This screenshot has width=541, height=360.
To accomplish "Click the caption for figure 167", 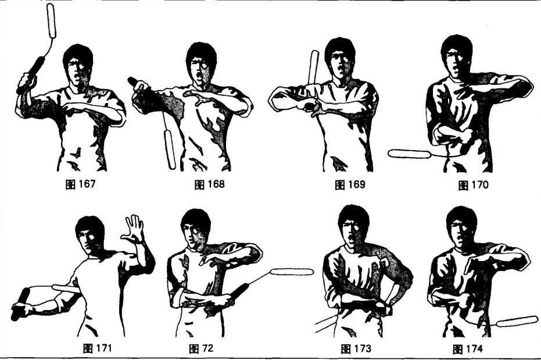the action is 80,184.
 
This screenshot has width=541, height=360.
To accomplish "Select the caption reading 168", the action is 209,184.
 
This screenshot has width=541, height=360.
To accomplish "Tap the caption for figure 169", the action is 350,185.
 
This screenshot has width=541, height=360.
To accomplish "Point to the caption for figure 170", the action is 473,185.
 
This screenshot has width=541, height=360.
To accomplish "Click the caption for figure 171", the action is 98,348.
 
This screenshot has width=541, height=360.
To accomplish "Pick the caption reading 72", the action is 201,348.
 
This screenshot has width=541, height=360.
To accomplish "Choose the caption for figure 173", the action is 356,348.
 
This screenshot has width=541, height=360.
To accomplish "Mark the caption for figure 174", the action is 468,349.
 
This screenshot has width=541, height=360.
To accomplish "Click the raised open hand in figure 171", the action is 133,229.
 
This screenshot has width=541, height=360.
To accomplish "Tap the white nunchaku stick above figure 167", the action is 51,20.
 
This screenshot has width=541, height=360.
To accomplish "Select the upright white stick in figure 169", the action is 314,67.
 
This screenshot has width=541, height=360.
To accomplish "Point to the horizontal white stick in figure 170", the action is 409,154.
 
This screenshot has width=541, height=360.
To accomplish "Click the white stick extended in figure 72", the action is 292,272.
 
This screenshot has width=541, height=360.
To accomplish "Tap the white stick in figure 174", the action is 517,322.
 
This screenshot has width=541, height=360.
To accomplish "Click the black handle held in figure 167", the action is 31,75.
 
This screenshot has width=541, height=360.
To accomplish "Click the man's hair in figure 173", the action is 353,218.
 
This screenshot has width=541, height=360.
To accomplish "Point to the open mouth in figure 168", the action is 198,75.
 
